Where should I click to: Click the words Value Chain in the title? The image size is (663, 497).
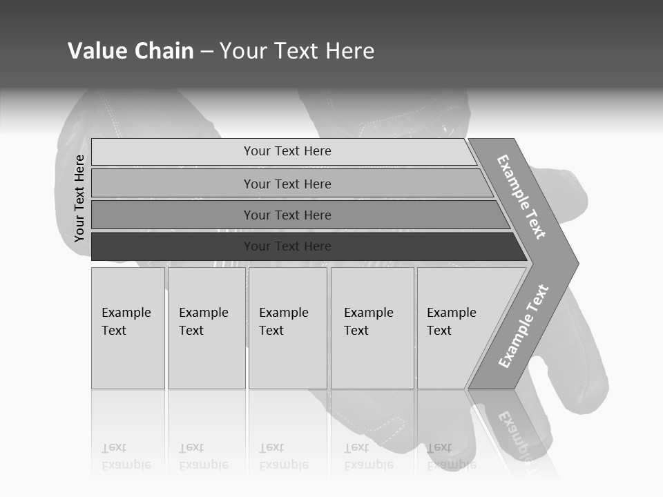pos(131,51)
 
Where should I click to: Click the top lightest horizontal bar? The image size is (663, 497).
pos(283,151)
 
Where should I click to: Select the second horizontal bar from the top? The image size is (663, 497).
pos(290,184)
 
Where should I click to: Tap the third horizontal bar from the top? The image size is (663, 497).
pos(297,215)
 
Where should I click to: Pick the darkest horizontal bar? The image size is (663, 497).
pos(304,246)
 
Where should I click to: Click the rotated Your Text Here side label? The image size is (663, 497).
pos(79,198)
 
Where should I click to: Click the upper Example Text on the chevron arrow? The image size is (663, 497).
pos(521,197)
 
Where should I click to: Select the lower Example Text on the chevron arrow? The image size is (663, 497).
pos(523,327)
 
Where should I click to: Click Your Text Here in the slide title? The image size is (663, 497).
pos(297,51)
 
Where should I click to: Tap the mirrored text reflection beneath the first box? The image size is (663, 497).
pos(126,457)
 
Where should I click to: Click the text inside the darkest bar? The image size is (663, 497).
pos(287,246)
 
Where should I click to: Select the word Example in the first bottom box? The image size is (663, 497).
pos(126,313)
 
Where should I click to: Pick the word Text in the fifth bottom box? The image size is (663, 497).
pos(439,331)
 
